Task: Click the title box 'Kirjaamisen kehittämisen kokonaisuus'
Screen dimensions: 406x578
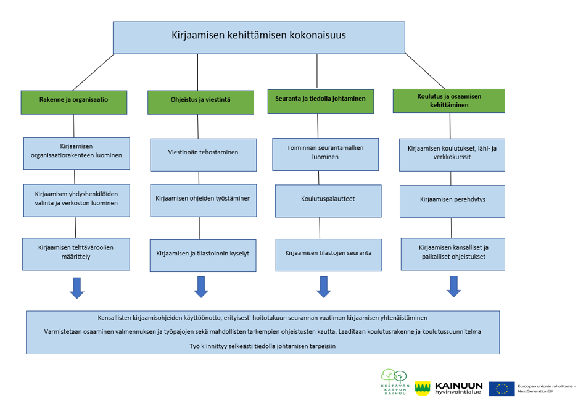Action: [x=258, y=37]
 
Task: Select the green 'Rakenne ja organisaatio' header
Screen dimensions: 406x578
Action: [x=74, y=102]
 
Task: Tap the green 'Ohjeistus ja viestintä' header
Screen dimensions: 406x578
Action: [x=200, y=102]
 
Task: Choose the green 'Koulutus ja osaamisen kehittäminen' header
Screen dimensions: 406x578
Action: [x=448, y=101]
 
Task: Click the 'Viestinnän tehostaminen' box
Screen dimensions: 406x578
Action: [x=203, y=154]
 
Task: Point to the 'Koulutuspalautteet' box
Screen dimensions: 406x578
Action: [x=328, y=201]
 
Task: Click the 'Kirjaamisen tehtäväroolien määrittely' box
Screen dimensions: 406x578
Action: [x=76, y=254]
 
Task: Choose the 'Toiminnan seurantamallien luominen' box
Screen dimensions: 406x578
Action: [x=325, y=154]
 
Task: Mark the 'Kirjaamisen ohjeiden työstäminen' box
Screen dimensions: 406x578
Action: [x=203, y=200]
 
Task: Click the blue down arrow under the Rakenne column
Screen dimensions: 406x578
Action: [x=76, y=288]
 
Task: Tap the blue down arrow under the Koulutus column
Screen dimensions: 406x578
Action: [x=453, y=286]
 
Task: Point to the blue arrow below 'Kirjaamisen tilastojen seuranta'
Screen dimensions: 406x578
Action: [x=324, y=286]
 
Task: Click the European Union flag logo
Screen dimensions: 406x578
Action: [x=502, y=389]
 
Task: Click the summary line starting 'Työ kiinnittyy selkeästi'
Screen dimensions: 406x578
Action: [x=262, y=346]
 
